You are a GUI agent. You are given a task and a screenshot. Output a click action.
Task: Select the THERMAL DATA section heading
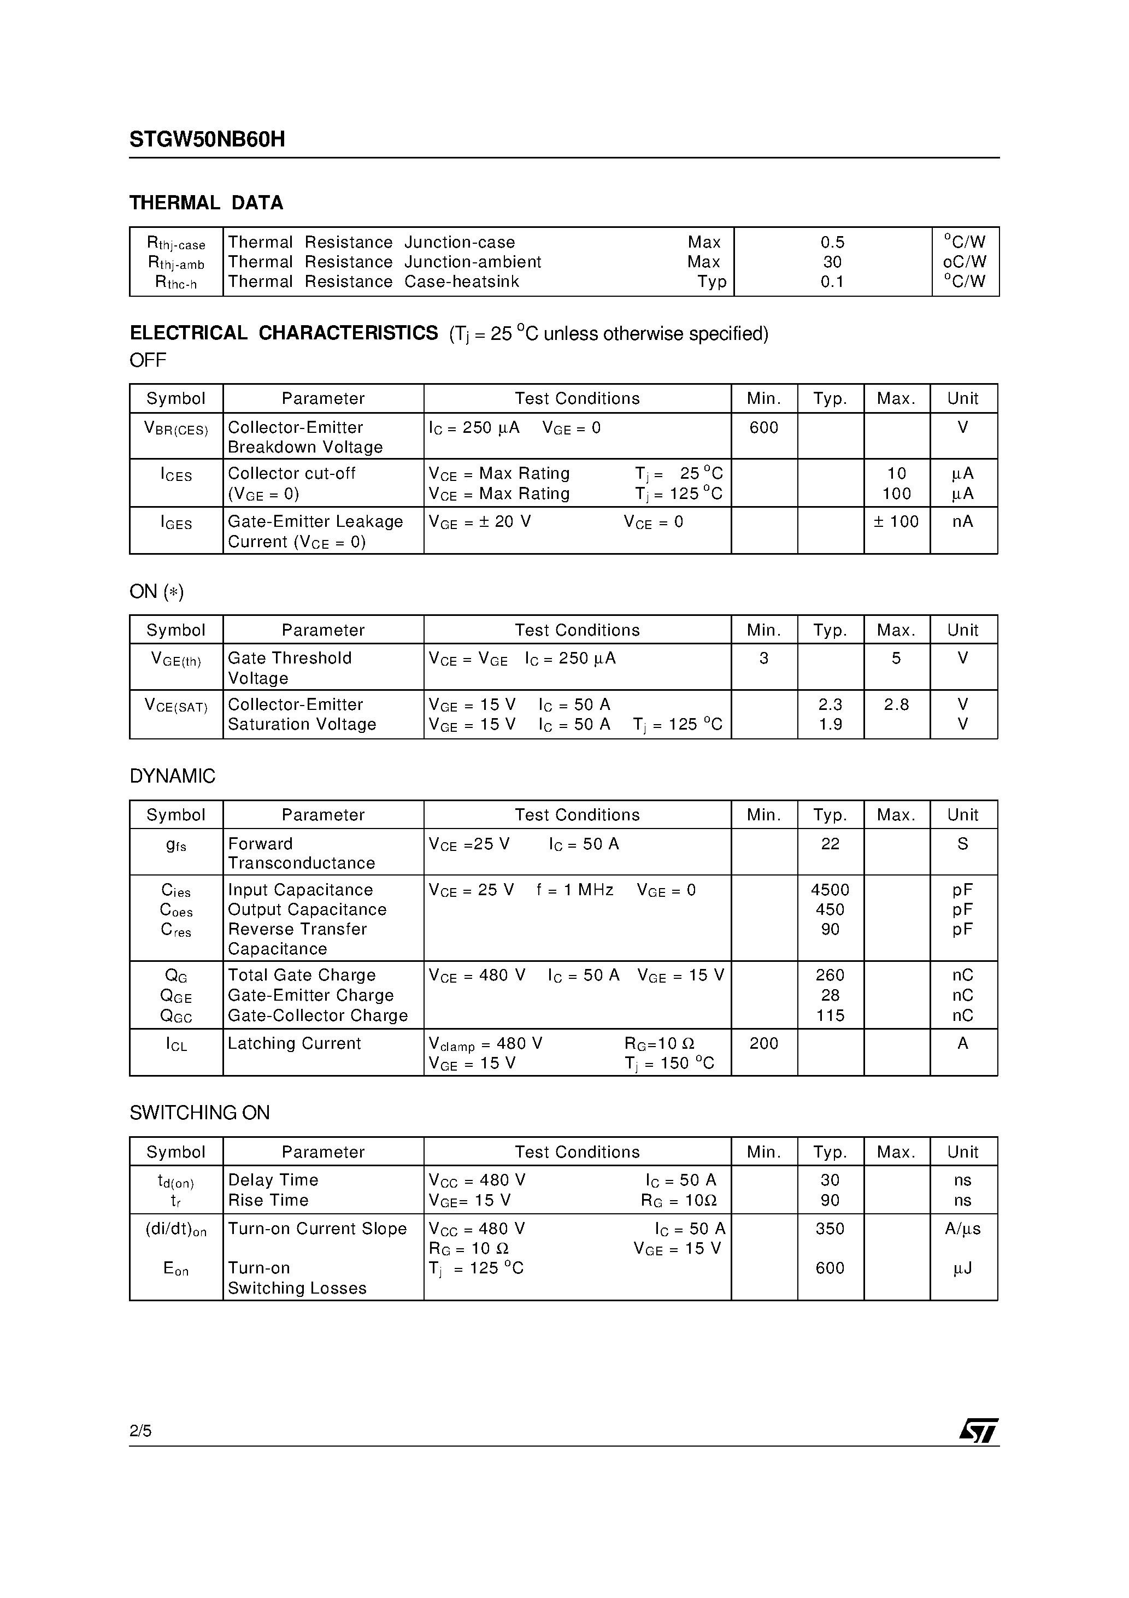click(x=206, y=203)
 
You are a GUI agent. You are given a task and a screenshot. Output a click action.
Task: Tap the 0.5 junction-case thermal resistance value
click(x=832, y=242)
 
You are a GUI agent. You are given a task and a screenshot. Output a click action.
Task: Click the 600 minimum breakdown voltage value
click(x=763, y=427)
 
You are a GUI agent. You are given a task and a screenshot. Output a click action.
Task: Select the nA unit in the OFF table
click(x=963, y=521)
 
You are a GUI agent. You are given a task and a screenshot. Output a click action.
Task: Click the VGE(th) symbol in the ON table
click(x=176, y=659)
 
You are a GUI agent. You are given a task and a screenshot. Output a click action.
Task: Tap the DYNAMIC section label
click(x=173, y=776)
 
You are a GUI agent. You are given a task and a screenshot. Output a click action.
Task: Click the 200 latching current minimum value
click(x=763, y=1043)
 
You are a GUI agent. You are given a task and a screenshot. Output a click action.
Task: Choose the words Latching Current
click(x=294, y=1043)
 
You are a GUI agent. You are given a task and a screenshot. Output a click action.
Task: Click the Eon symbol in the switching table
click(x=176, y=1269)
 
